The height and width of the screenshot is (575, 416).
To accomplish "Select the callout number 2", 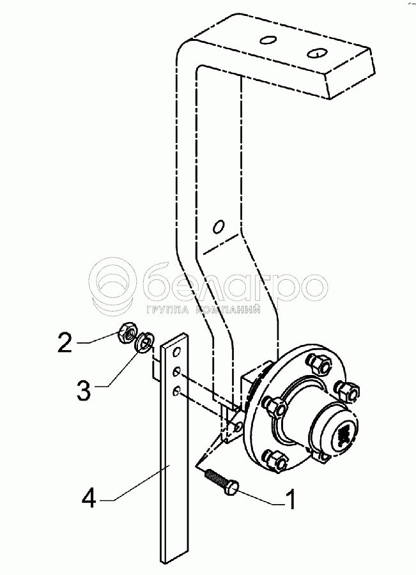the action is point(65,343).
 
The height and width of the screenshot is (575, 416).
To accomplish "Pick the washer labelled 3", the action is point(144,343).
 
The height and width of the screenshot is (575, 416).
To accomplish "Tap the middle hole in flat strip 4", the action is point(176,375).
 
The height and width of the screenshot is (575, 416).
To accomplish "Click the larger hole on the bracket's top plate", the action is point(315,51).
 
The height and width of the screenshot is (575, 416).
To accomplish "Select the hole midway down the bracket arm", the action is point(219,226).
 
